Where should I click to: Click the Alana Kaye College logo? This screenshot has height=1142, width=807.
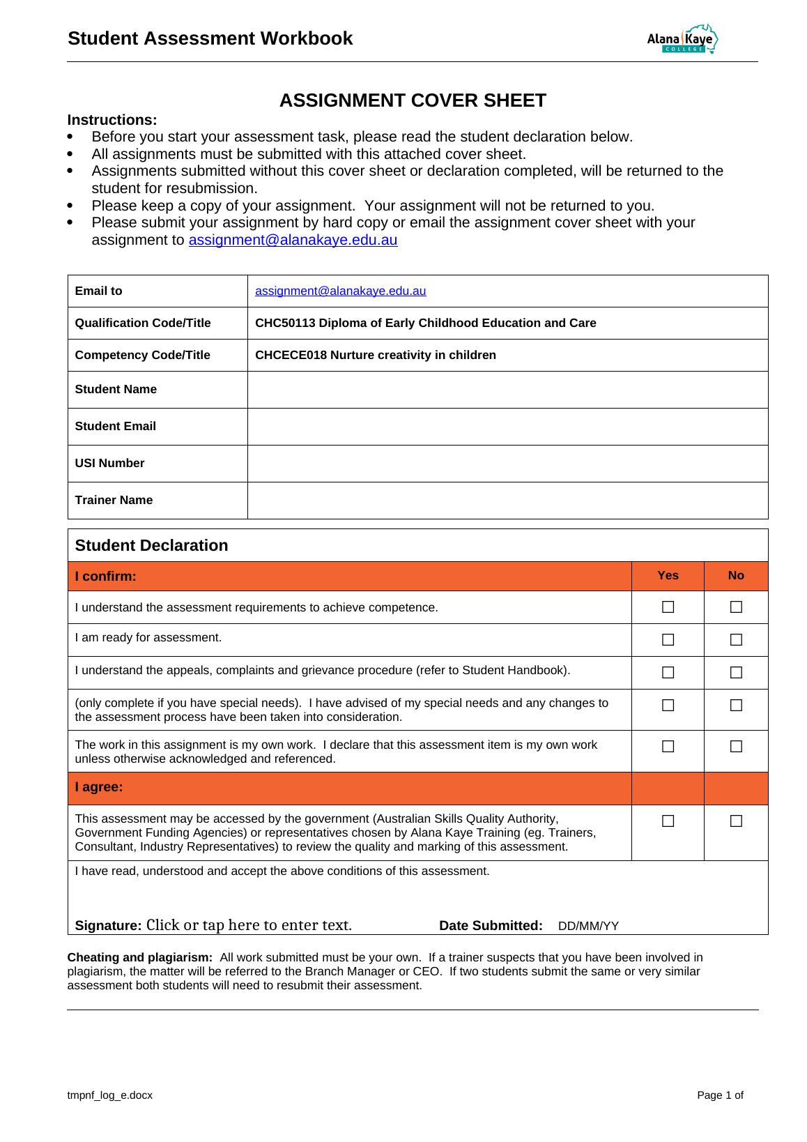682,40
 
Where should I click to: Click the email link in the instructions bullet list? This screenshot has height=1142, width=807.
293,241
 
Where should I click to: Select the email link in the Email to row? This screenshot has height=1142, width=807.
340,291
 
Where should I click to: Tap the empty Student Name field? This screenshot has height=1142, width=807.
507,390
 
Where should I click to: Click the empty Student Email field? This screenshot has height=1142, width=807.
507,427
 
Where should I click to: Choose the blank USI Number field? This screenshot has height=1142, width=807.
507,464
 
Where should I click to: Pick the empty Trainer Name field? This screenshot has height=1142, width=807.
507,501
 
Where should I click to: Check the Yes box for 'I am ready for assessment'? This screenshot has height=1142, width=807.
668,639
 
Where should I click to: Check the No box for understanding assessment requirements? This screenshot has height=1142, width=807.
736,607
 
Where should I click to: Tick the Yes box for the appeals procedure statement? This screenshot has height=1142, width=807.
668,673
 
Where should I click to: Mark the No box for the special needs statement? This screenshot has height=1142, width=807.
736,706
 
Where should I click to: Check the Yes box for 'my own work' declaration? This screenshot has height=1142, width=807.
668,747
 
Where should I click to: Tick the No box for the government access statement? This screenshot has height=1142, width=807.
736,821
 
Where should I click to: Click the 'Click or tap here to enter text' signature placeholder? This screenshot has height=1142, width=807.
249,926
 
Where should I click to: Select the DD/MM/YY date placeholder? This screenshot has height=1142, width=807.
588,927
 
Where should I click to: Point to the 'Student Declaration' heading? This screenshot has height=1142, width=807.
151,546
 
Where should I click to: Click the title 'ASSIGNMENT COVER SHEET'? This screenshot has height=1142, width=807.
413,101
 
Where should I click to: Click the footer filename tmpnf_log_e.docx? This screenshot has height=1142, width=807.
109,1095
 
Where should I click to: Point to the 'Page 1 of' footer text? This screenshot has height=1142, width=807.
720,1095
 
